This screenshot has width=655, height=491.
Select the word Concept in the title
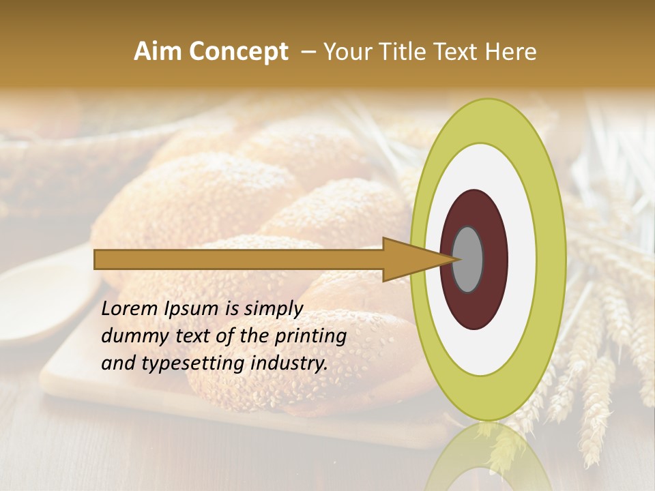click(x=237, y=52)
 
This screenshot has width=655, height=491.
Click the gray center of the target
click(x=468, y=259)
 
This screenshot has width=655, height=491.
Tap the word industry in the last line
click(x=289, y=363)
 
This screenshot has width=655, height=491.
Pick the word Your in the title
click(x=345, y=52)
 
